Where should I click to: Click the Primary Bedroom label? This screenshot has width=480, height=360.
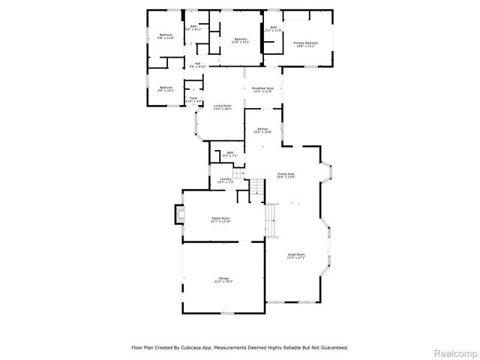tap(306, 43)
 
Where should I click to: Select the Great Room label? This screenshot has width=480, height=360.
tap(296, 255)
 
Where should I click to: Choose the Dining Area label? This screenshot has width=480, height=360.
tap(286, 175)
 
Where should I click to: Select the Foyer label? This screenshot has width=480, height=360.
tap(193, 98)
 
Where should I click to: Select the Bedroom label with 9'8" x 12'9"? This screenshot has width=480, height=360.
tap(166, 36)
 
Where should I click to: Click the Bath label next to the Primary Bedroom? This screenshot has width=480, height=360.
tap(274, 29)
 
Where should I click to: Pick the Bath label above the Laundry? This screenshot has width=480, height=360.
tap(230, 154)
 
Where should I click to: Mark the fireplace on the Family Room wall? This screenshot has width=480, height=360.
tap(179, 215)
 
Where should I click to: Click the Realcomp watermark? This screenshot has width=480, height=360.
tap(456, 352)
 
